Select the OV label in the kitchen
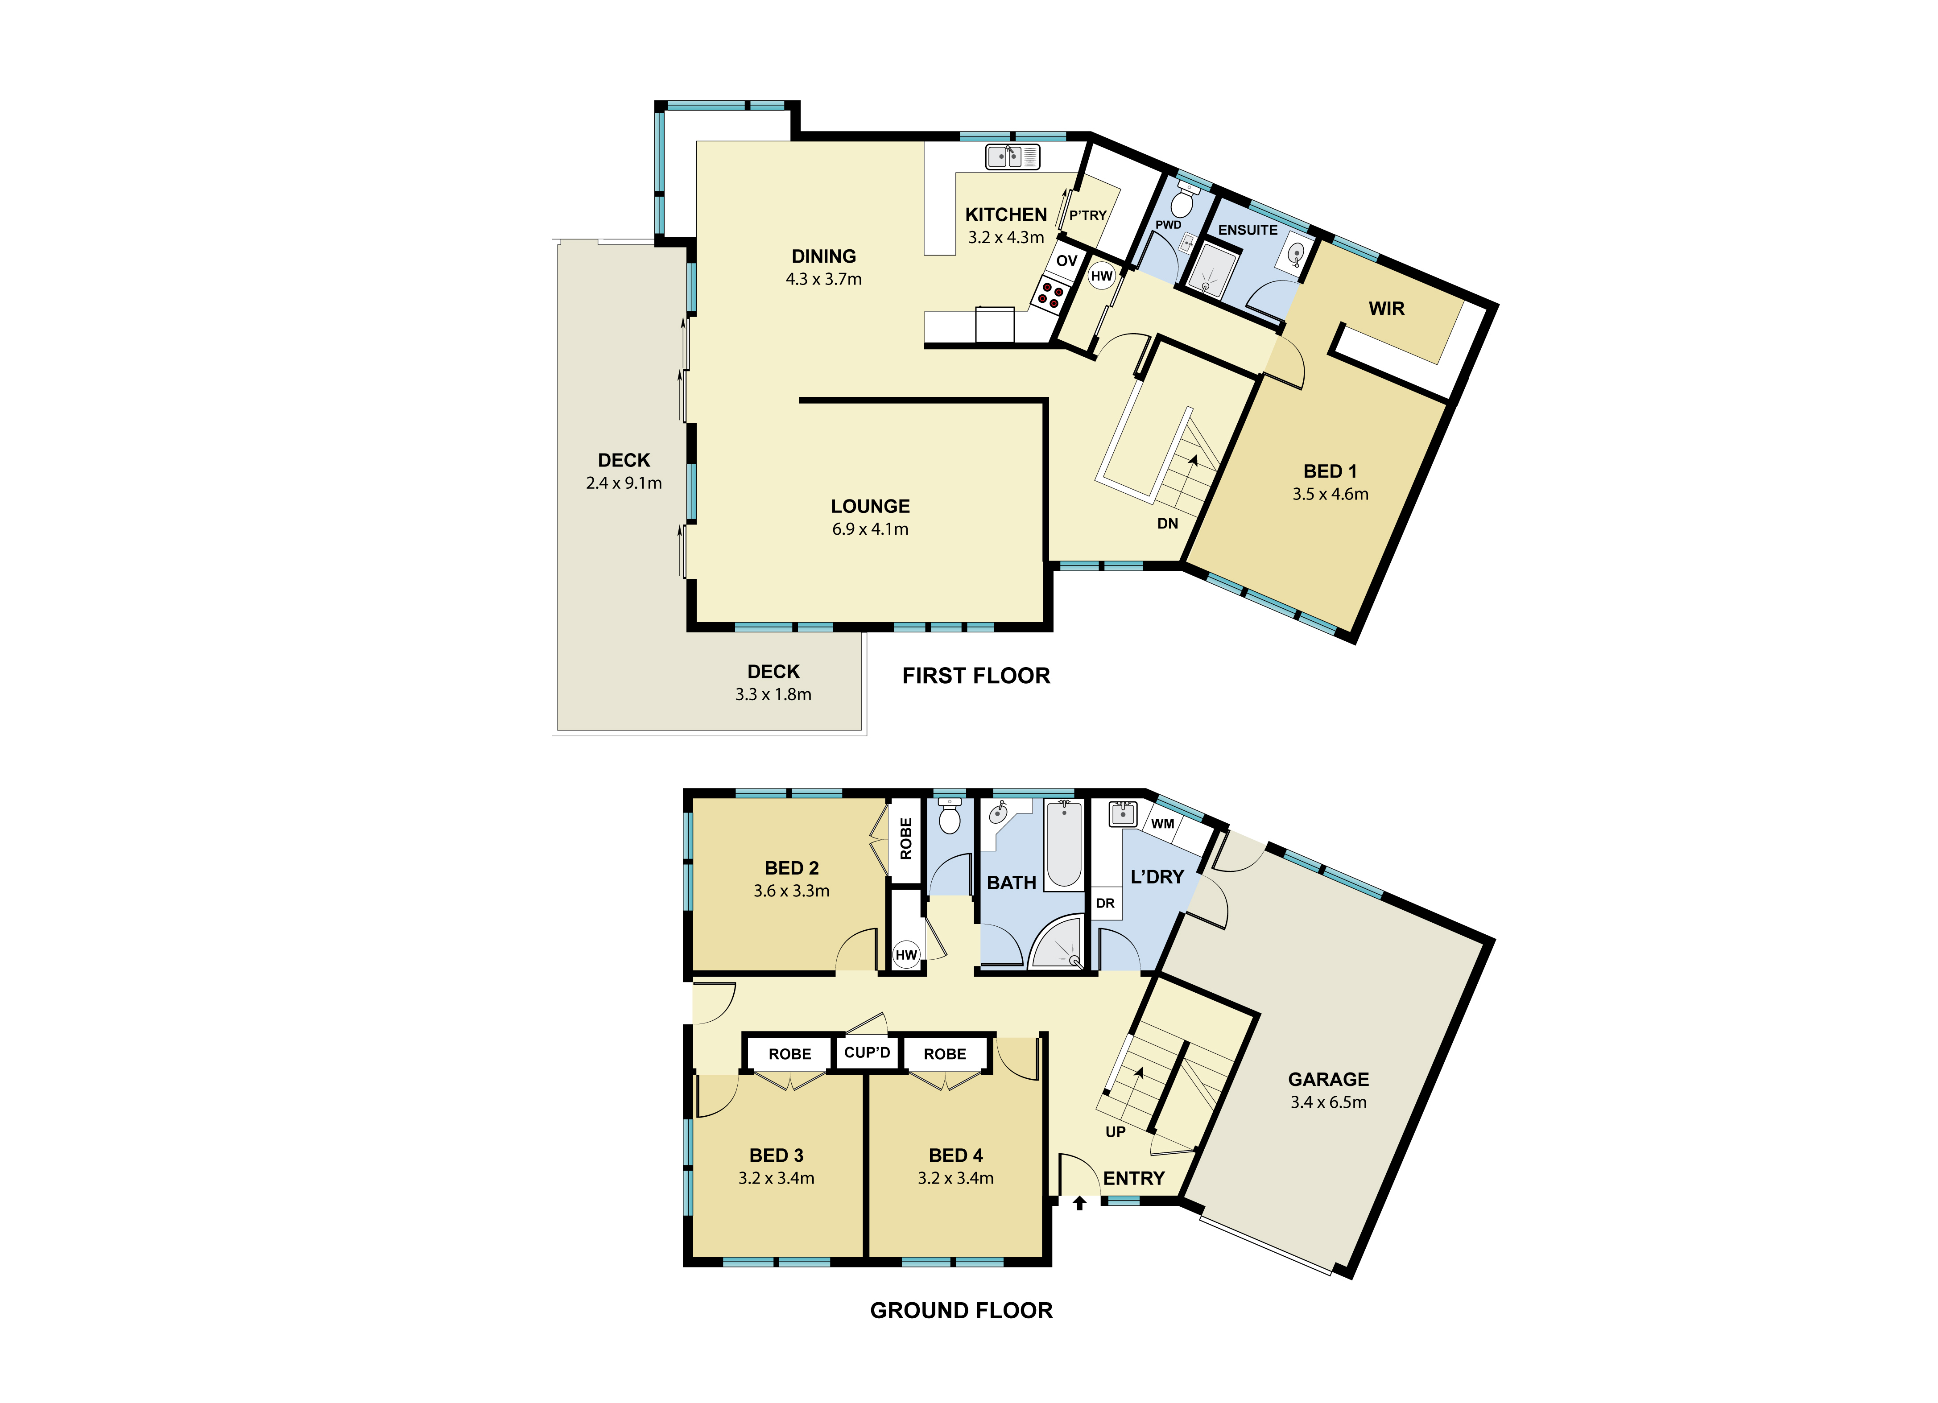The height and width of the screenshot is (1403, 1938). [x=1066, y=260]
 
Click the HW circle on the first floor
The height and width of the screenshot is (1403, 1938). [x=1101, y=276]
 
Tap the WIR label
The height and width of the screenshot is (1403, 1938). [x=1386, y=309]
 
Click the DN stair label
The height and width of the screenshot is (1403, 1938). [x=1167, y=524]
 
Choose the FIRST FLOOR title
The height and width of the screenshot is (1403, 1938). [x=976, y=676]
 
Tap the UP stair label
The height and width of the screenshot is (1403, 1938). [x=1115, y=1132]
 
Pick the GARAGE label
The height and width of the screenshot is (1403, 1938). [x=1328, y=1079]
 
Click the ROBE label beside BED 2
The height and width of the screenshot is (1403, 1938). [x=906, y=838]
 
